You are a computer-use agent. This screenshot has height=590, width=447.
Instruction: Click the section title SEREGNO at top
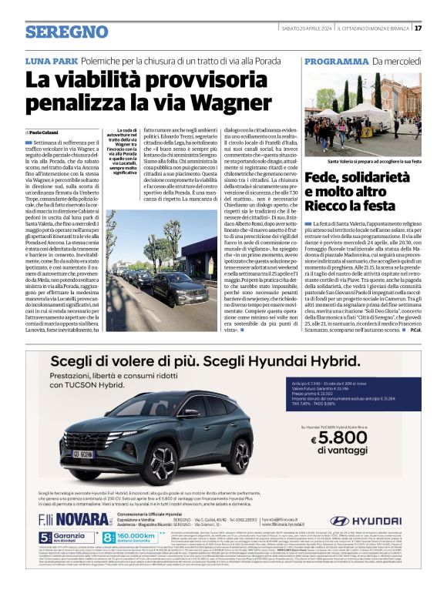pos(55,32)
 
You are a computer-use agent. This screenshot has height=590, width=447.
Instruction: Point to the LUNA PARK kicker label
pos(50,60)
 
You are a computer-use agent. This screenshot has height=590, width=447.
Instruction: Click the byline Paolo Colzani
pos(46,132)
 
